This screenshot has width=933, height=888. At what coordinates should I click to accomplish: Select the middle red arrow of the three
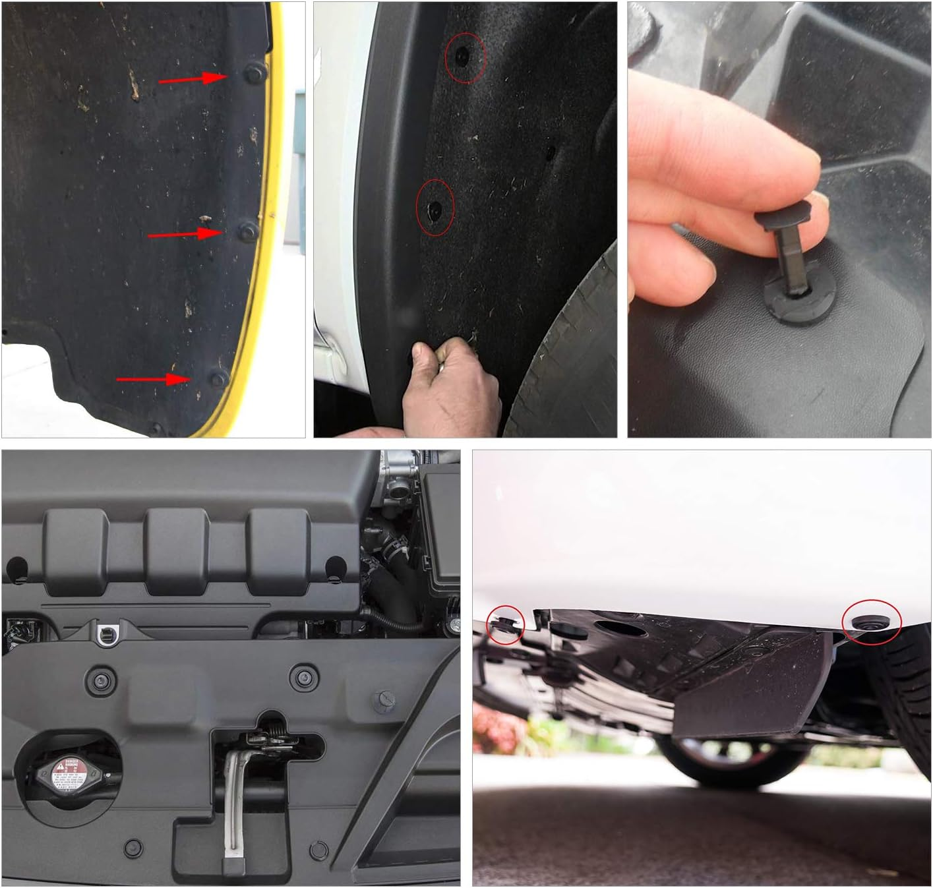point(185,234)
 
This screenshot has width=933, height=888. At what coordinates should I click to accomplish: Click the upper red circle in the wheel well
point(465,57)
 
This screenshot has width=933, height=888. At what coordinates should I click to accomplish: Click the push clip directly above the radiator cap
point(101,682)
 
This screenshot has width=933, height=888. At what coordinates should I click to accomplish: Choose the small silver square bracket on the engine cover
point(105,634)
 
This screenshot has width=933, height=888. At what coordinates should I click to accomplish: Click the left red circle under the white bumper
point(505,624)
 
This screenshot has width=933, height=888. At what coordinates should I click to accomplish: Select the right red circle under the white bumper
point(872,622)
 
